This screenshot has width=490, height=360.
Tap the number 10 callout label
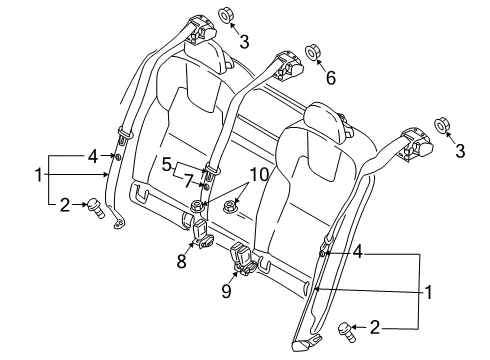tap(259, 175)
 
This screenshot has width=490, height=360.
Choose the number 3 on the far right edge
tap(460, 151)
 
